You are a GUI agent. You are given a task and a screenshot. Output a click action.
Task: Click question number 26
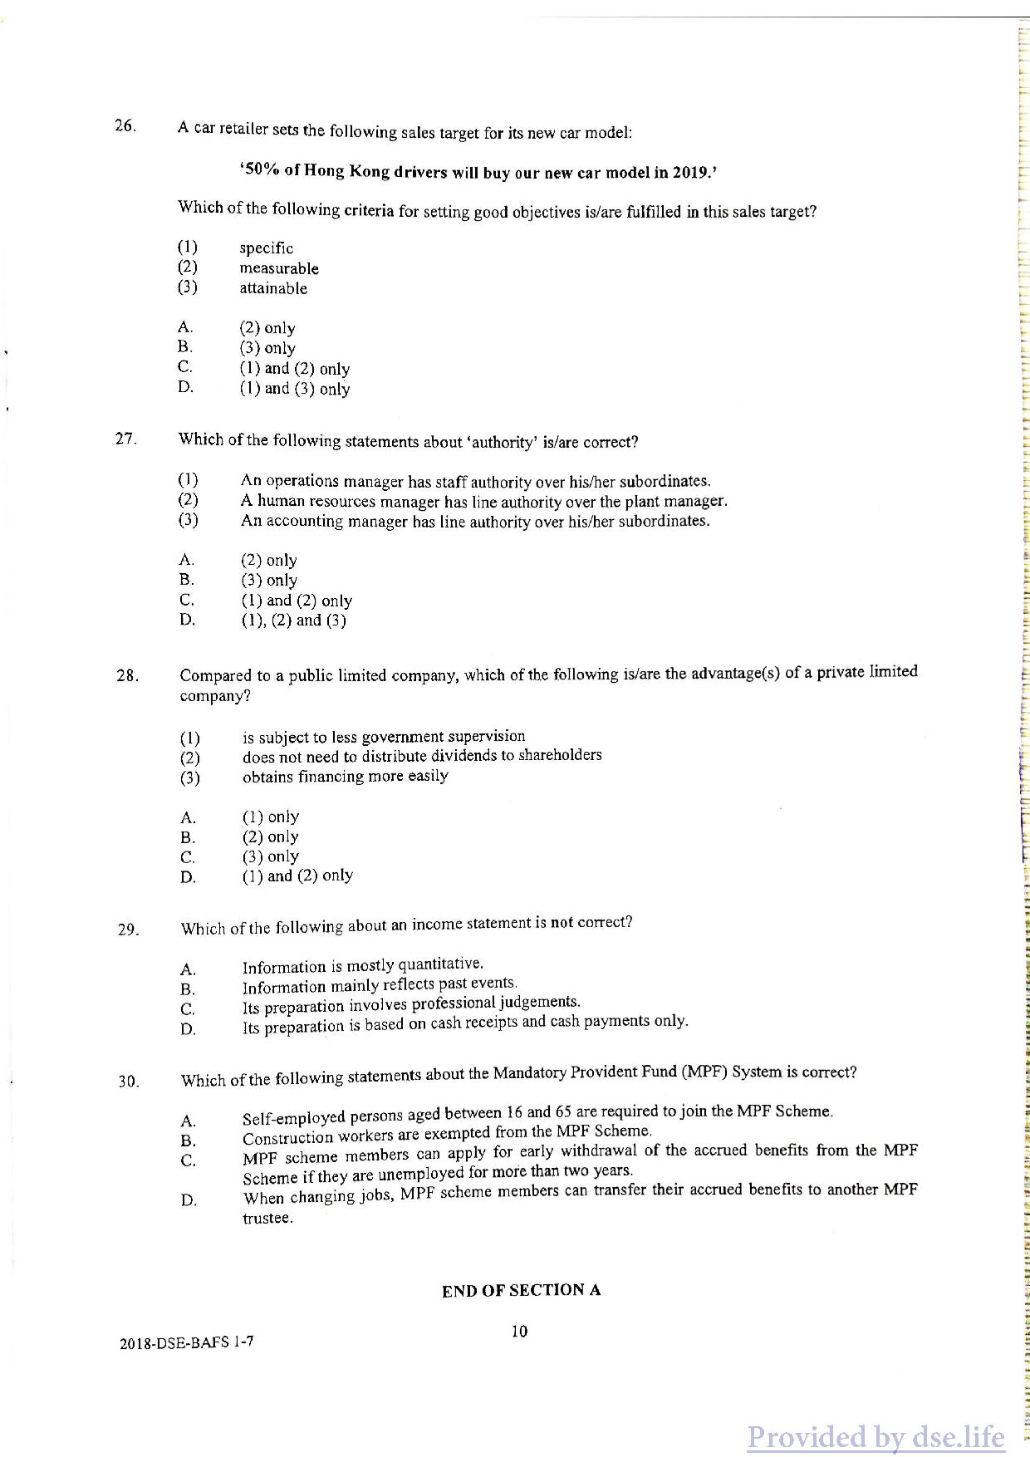point(125,126)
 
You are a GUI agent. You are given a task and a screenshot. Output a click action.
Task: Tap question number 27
point(126,439)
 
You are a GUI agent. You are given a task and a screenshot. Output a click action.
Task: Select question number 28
point(127,675)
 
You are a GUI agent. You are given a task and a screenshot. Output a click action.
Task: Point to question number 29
point(128,930)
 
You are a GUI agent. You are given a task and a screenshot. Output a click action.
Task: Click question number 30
point(128,1082)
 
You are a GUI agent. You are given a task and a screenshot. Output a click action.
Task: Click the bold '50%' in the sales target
point(262,169)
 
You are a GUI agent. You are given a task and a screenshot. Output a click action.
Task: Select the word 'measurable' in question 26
point(279,268)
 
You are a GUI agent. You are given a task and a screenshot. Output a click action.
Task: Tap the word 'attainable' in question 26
point(273,288)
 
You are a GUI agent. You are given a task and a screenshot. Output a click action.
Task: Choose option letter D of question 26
point(185,387)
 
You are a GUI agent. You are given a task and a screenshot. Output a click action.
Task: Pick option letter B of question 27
point(186,580)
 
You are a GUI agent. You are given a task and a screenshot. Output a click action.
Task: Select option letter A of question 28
point(188,817)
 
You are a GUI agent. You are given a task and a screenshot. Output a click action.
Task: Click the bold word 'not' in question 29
point(562,923)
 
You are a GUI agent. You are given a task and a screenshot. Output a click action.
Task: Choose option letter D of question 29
point(189,1030)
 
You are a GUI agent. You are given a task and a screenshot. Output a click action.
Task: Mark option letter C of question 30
point(189,1160)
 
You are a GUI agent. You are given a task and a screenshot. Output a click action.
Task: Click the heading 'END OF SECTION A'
point(521,1290)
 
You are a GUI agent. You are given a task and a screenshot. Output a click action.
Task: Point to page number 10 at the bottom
point(519,1332)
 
